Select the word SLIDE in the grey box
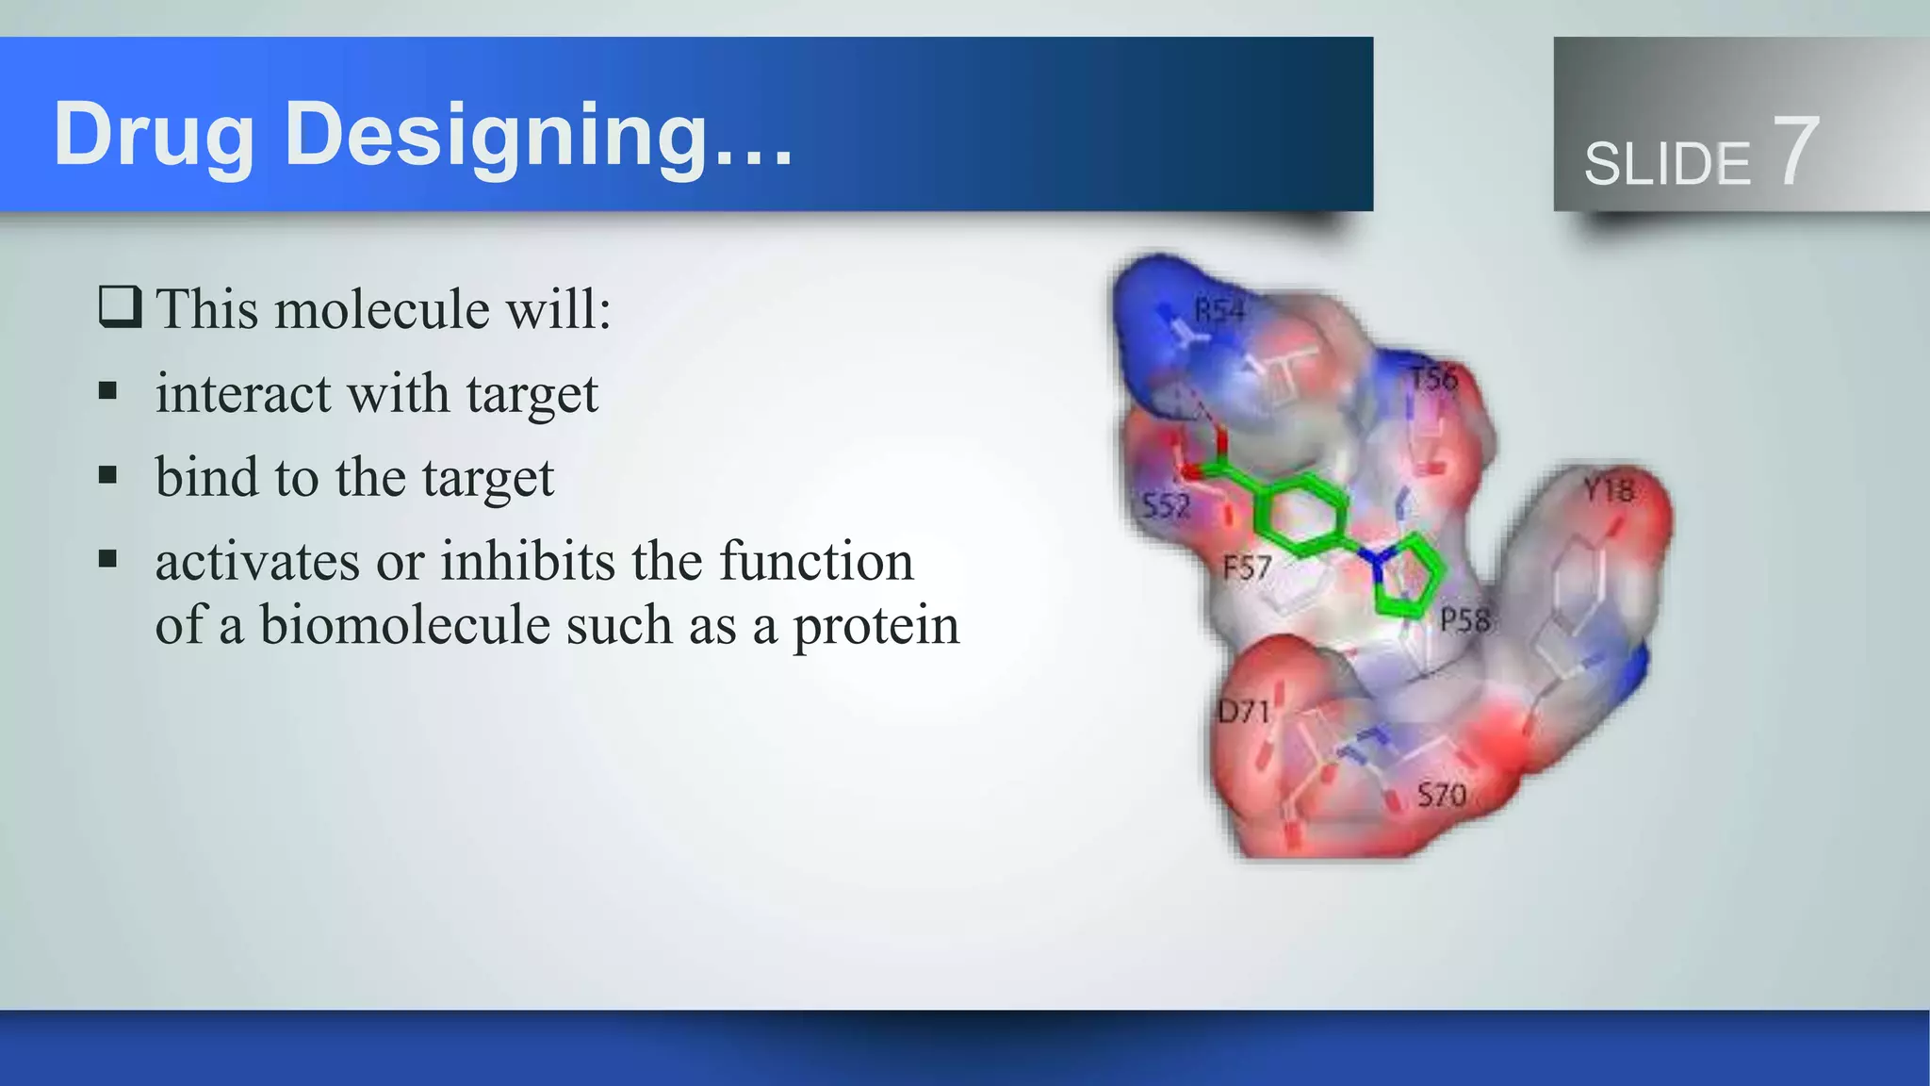1666,164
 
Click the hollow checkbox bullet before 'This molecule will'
120,307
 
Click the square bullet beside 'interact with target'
108,390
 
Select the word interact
243,393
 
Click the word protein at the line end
876,625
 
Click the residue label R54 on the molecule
1219,311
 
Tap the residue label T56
1433,379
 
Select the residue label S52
1167,506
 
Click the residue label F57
1247,568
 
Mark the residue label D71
1244,711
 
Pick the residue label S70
1442,796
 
